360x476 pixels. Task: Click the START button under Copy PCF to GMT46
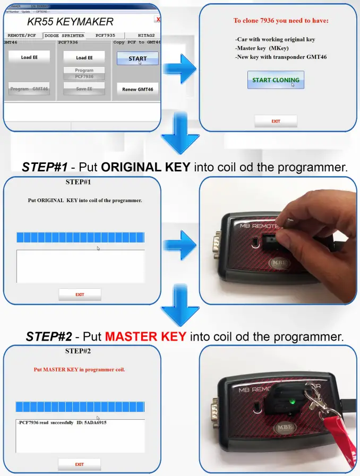pos(138,58)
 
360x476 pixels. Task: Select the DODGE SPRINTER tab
pos(64,36)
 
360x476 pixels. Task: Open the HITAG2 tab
pos(145,36)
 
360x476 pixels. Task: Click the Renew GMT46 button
pos(138,89)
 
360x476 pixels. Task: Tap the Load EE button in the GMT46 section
pos(29,57)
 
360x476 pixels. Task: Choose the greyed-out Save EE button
pos(84,89)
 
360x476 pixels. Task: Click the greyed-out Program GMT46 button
pos(29,89)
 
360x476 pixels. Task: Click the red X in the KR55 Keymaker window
pos(157,19)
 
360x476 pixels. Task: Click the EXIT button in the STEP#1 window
pos(80,295)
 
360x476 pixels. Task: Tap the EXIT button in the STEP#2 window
pos(79,464)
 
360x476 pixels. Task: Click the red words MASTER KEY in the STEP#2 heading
pos(145,336)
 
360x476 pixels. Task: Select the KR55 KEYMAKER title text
pos(70,22)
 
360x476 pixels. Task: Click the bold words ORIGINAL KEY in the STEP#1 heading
pos(145,167)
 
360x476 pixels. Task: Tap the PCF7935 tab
pos(105,36)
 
